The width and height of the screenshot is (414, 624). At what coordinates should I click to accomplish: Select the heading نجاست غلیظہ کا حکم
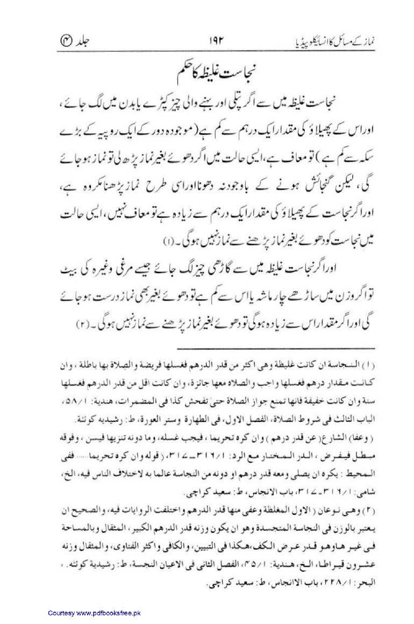click(x=206, y=70)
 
